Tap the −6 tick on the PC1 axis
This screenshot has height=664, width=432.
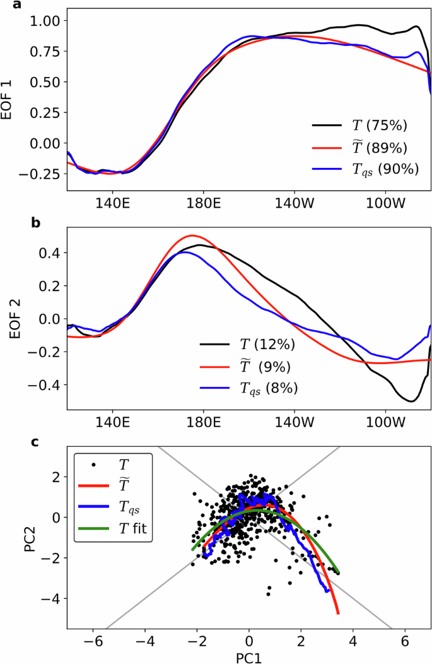92,639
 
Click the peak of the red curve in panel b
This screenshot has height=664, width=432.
192,235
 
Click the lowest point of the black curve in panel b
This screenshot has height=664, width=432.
411,401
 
